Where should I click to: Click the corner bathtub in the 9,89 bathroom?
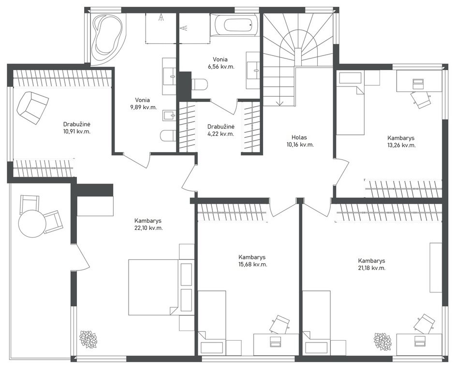pyautogui.click(x=107, y=37)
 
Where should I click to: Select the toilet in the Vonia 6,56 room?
pyautogui.click(x=200, y=85)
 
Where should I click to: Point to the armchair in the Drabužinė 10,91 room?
pyautogui.click(x=32, y=107)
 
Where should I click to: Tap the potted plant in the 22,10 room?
pyautogui.click(x=88, y=340)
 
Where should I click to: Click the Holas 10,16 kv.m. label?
pyautogui.click(x=299, y=141)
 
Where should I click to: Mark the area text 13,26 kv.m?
pyautogui.click(x=401, y=145)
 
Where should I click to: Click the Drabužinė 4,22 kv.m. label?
pyautogui.click(x=221, y=130)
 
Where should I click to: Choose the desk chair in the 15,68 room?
pyautogui.click(x=280, y=324)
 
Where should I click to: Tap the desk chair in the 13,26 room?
pyautogui.click(x=421, y=99)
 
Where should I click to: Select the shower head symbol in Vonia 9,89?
pyautogui.click(x=161, y=17)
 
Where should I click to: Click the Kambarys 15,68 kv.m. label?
pyautogui.click(x=252, y=261)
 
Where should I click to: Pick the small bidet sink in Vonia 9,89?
pyautogui.click(x=169, y=116)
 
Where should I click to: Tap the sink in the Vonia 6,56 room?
pyautogui.click(x=252, y=70)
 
